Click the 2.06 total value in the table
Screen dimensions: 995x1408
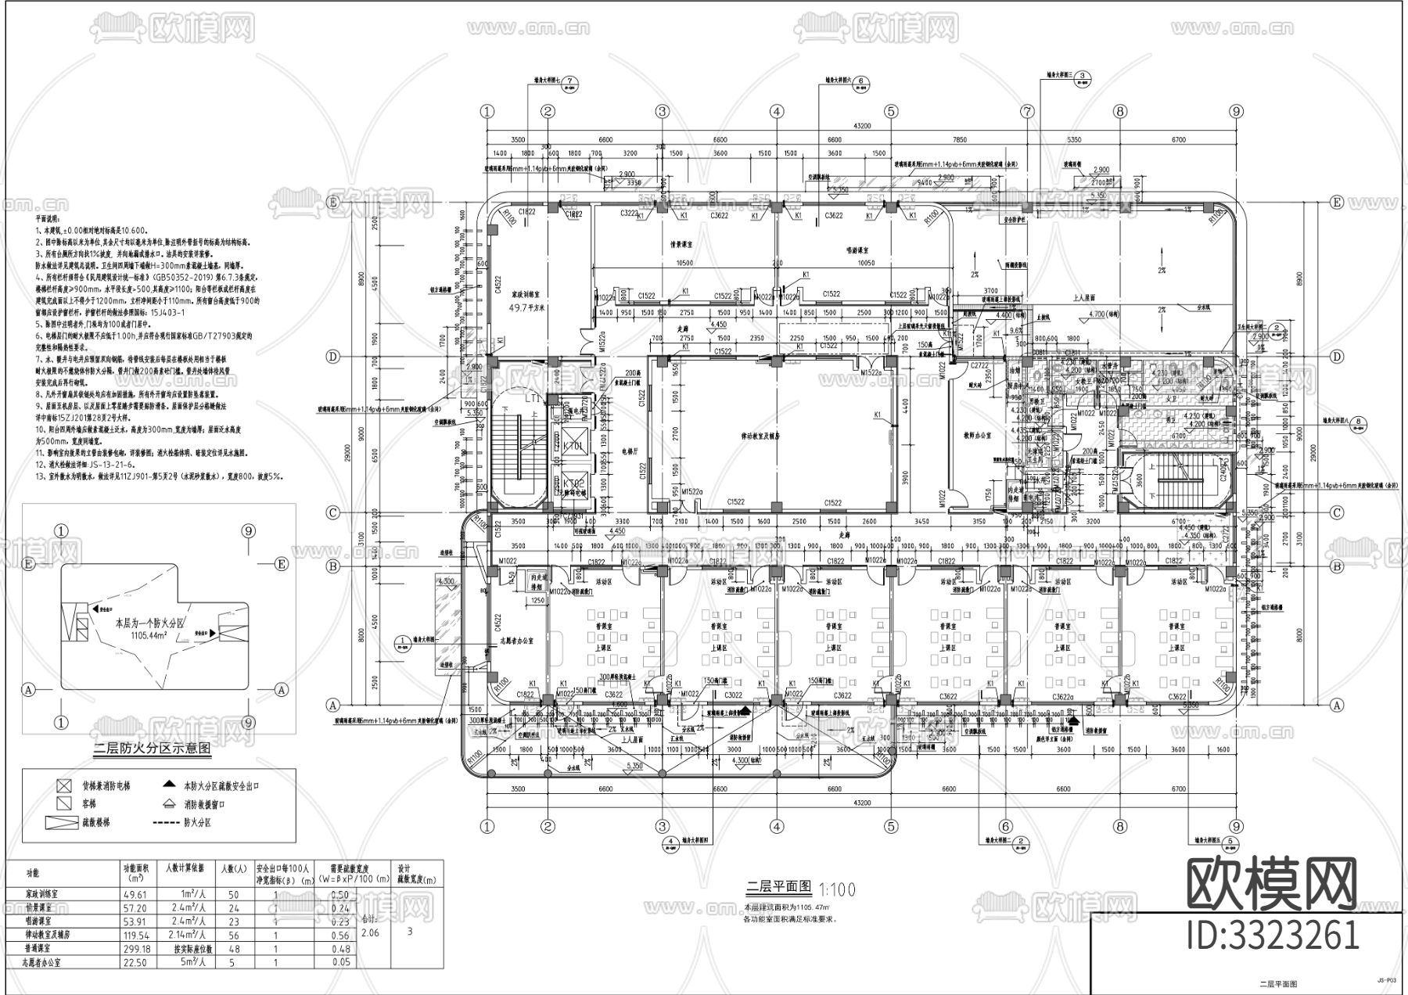(x=370, y=932)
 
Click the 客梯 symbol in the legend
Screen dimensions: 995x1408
(x=64, y=803)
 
